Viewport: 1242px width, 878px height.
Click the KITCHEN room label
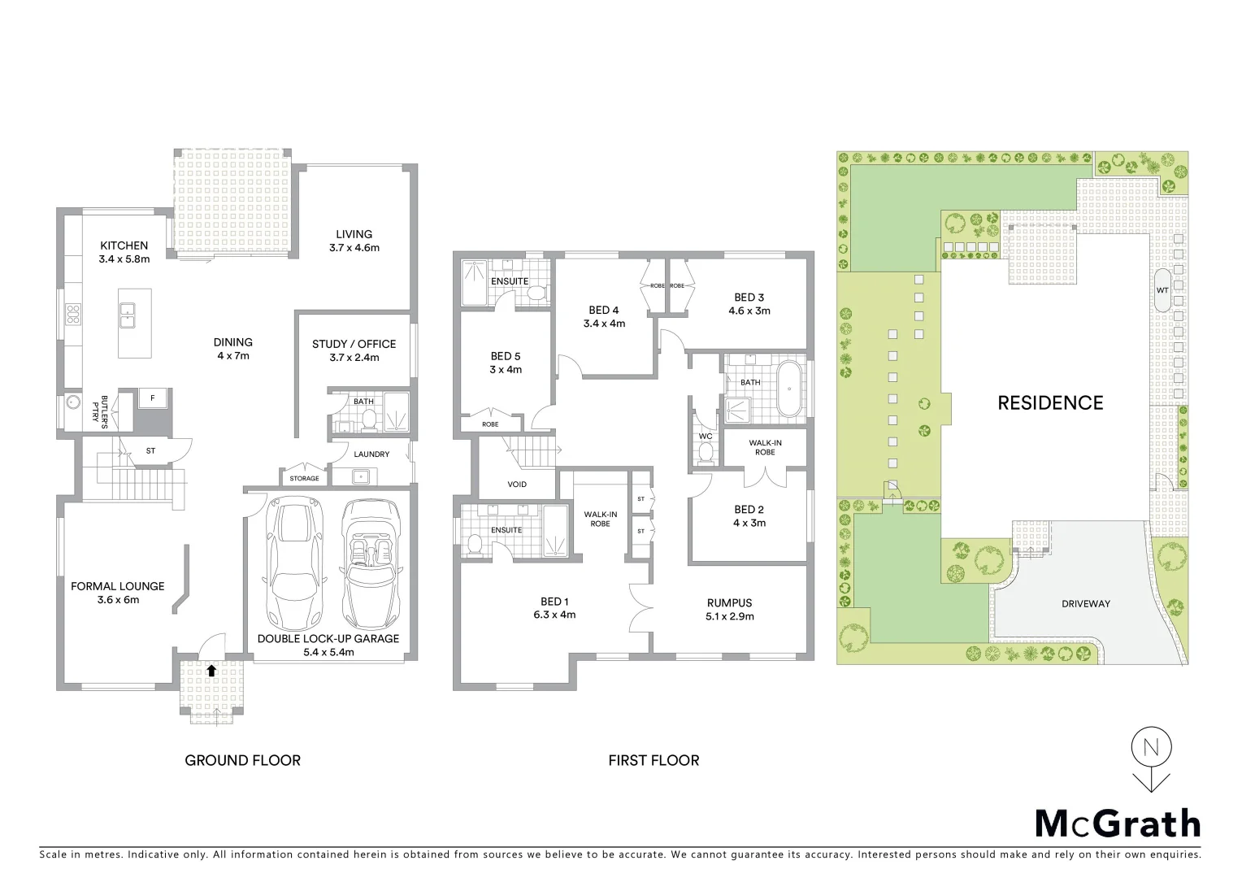click(124, 246)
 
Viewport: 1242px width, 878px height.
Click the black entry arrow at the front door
click(211, 671)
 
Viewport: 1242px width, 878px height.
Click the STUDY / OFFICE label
click(354, 344)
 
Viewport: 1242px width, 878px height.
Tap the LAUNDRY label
click(372, 454)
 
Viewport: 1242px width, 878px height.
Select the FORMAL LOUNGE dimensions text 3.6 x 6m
click(117, 600)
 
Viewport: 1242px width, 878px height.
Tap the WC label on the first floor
click(705, 437)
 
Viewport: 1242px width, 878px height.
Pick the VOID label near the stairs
click(517, 485)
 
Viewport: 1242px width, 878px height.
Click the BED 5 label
click(506, 356)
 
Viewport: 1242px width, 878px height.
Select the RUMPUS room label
click(729, 603)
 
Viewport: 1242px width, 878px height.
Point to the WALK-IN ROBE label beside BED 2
click(765, 446)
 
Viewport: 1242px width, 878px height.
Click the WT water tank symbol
click(1162, 290)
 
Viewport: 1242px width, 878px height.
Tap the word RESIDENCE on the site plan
click(1050, 402)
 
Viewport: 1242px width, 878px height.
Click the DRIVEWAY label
click(1085, 604)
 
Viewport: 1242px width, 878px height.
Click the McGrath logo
click(1117, 824)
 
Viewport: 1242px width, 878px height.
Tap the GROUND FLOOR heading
click(242, 761)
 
